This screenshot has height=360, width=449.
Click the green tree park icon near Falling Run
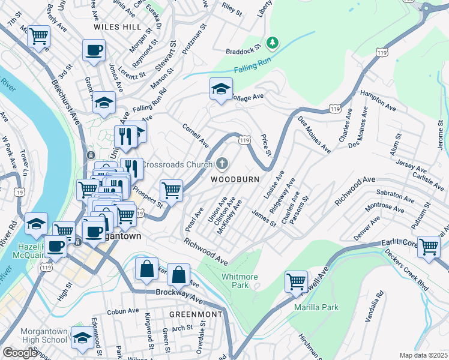click(273, 43)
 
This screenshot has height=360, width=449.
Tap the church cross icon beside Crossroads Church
click(222, 164)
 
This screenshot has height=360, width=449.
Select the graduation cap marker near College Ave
click(221, 89)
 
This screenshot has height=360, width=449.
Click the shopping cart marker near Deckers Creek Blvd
click(429, 246)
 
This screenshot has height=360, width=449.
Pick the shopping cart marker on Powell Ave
click(297, 281)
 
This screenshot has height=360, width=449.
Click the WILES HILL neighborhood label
click(118, 27)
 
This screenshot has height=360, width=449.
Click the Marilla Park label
click(316, 307)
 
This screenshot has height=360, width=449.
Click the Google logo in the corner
click(20, 352)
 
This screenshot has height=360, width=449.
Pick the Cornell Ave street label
click(196, 136)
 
